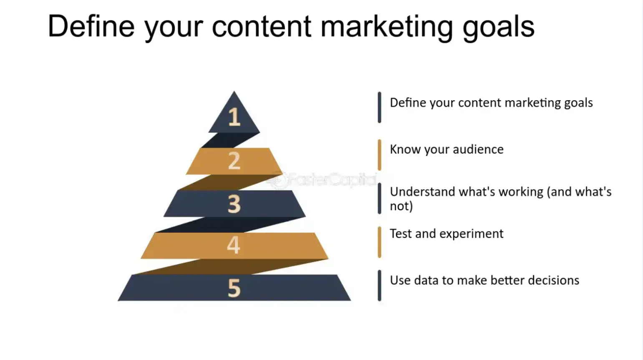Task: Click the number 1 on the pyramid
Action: tap(235, 117)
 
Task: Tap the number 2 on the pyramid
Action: tap(234, 161)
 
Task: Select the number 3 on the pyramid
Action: tap(234, 204)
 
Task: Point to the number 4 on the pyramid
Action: tap(234, 245)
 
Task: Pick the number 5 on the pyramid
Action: tap(234, 288)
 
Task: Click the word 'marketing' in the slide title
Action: tap(386, 27)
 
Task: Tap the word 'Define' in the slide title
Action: tap(91, 26)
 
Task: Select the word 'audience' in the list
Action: tap(478, 149)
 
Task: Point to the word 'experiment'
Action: tap(476, 234)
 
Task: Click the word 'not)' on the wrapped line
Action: tap(401, 206)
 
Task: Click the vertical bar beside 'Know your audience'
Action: tap(379, 155)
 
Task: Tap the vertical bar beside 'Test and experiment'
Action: tap(379, 242)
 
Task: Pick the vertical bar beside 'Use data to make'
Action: tap(379, 285)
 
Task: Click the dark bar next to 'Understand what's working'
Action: tap(379, 199)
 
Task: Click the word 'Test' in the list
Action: tap(401, 234)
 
